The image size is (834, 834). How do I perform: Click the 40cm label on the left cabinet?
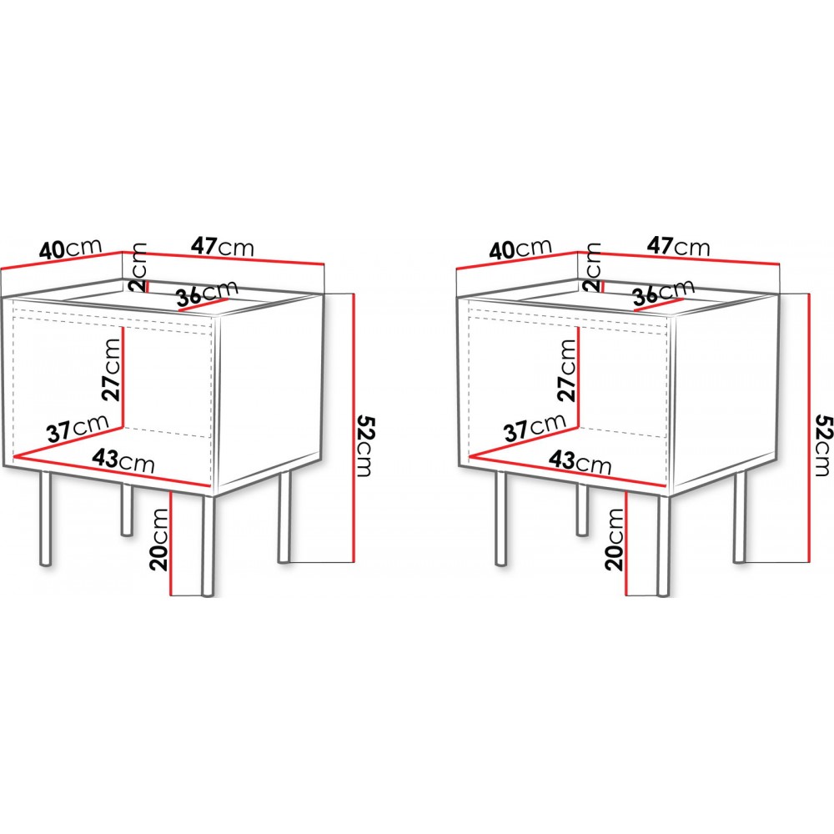click(70, 249)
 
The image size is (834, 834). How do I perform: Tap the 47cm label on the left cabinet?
click(223, 247)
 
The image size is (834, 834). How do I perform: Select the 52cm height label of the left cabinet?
click(365, 445)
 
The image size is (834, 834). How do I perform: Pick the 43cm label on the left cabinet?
click(123, 460)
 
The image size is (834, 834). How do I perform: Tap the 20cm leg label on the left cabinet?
click(158, 540)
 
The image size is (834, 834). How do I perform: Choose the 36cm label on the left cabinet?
click(207, 294)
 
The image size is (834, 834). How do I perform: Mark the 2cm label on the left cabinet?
click(138, 267)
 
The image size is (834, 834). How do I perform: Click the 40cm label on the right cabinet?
click(520, 249)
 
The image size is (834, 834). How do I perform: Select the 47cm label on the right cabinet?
click(679, 247)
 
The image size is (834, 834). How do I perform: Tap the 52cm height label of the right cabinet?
click(821, 445)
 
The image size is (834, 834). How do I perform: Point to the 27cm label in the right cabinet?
click(568, 369)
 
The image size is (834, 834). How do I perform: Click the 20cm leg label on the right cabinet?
click(615, 540)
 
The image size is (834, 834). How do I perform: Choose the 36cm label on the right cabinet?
click(664, 294)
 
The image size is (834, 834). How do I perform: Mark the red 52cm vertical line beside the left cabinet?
click(352, 427)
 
